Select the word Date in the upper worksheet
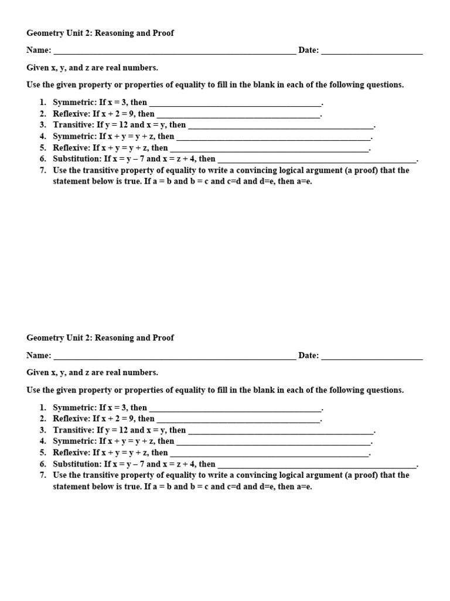pyautogui.click(x=308, y=50)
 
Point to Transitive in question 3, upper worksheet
pyautogui.click(x=74, y=125)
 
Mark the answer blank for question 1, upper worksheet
pyautogui.click(x=236, y=103)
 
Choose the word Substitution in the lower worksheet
pyautogui.click(x=77, y=464)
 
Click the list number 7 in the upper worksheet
pyautogui.click(x=43, y=170)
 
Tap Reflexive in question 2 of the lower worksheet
pyautogui.click(x=71, y=418)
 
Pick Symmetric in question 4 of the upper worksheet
pyautogui.click(x=74, y=136)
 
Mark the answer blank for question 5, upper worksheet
pyautogui.click(x=269, y=148)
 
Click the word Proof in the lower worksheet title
pyautogui.click(x=162, y=337)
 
